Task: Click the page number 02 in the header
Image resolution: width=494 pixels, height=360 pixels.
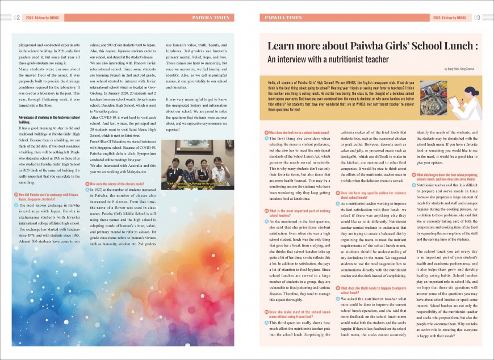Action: point(18,18)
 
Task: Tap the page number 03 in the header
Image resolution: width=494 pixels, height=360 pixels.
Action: point(477,18)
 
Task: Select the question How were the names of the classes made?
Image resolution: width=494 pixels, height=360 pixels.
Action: point(116,185)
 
